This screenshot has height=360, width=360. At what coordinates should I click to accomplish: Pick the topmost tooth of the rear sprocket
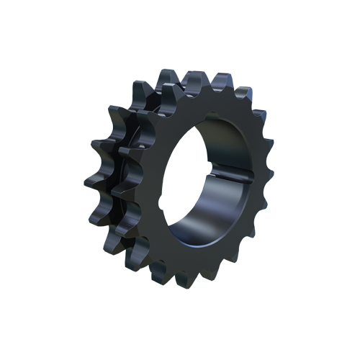click(167, 75)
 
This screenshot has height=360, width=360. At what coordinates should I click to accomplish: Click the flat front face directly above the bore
click(209, 108)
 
